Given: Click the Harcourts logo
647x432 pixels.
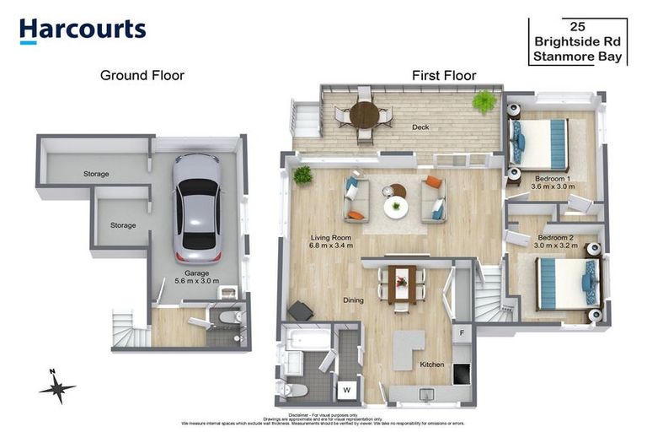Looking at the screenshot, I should (83, 30).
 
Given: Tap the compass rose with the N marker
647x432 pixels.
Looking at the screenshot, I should (57, 387).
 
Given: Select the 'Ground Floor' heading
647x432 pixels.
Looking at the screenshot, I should (142, 75).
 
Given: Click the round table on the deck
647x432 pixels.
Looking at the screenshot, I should (364, 114).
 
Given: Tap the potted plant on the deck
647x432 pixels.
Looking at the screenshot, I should (484, 102).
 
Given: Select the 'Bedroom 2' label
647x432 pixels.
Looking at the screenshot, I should (558, 237).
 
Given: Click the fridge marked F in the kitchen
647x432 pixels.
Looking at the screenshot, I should (462, 333).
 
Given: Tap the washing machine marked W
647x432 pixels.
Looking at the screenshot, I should (346, 389).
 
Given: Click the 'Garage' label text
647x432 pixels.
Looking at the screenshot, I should (197, 273).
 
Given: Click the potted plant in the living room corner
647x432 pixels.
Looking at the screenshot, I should (302, 175).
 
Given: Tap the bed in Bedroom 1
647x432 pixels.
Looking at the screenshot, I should (541, 144).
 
